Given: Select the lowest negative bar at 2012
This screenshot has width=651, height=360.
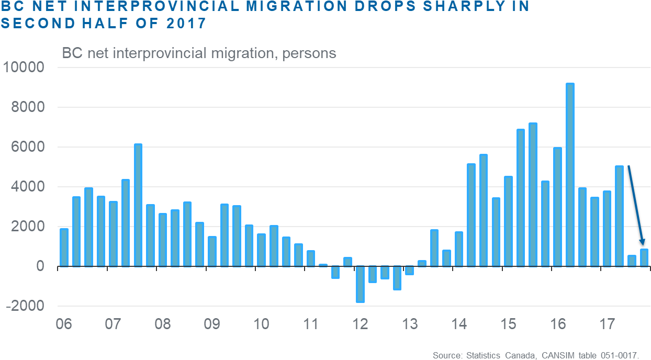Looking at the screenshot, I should pos(360,285).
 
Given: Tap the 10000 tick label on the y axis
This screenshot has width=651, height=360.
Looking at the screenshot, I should pos(25,67).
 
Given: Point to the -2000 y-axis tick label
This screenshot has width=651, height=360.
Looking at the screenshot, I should pos(25,306).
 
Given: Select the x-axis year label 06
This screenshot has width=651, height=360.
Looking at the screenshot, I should pos(63,324).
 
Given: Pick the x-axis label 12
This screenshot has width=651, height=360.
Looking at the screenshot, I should pos(360,324).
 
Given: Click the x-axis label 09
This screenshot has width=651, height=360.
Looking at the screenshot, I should pos(211,324).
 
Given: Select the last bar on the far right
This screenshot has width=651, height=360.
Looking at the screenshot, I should pos(644,257).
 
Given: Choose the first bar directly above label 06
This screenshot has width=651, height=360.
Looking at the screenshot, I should pos(64,247).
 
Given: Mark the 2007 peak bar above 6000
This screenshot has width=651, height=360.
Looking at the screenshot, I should pos(138,205).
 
